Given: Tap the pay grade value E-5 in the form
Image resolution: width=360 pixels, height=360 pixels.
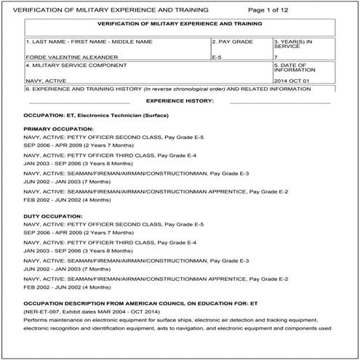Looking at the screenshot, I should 217,56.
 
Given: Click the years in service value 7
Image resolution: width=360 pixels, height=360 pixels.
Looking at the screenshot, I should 276,56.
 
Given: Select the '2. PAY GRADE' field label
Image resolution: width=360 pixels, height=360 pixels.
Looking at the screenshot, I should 233,42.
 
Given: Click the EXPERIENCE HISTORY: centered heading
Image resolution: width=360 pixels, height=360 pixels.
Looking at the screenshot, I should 180,100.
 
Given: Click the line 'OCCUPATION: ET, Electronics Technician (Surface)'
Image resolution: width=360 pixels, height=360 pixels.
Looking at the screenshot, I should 101,116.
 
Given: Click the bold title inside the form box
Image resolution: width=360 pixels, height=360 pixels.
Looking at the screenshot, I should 179,24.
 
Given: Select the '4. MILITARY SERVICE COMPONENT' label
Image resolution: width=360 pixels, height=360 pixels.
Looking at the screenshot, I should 71,65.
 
